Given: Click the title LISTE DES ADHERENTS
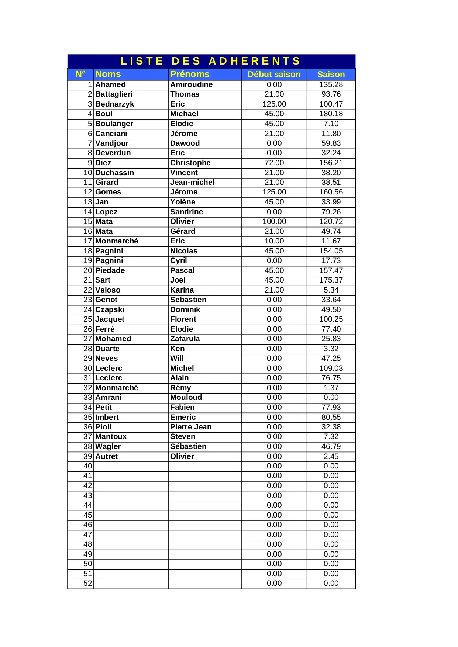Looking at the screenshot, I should tap(211, 61).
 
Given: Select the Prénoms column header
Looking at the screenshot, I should tap(190, 74).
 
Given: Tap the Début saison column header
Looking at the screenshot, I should tap(274, 74).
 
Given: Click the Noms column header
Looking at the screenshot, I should tap(108, 74).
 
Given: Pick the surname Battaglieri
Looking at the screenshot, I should tap(114, 94).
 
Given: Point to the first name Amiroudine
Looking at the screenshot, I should tap(191, 84).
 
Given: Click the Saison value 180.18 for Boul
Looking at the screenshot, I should tap(331, 114).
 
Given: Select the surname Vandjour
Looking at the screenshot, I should tap(112, 143).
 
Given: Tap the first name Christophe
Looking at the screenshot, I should tap(190, 163).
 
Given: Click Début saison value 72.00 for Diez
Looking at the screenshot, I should tap(274, 163).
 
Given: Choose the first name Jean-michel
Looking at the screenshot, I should tap(192, 182).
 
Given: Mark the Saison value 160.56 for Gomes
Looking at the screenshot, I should tap(331, 192).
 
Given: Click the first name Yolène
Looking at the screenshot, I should tap(183, 202).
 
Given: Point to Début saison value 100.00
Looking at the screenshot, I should tap(274, 221).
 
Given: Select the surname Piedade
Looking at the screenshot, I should tap(110, 270).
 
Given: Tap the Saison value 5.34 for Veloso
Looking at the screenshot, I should tap(331, 290).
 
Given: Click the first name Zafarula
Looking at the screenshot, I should tap(185, 339).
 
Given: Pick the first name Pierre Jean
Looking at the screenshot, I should tap(190, 427).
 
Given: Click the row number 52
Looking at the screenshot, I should tap(87, 583).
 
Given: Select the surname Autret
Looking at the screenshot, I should tap(106, 456).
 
